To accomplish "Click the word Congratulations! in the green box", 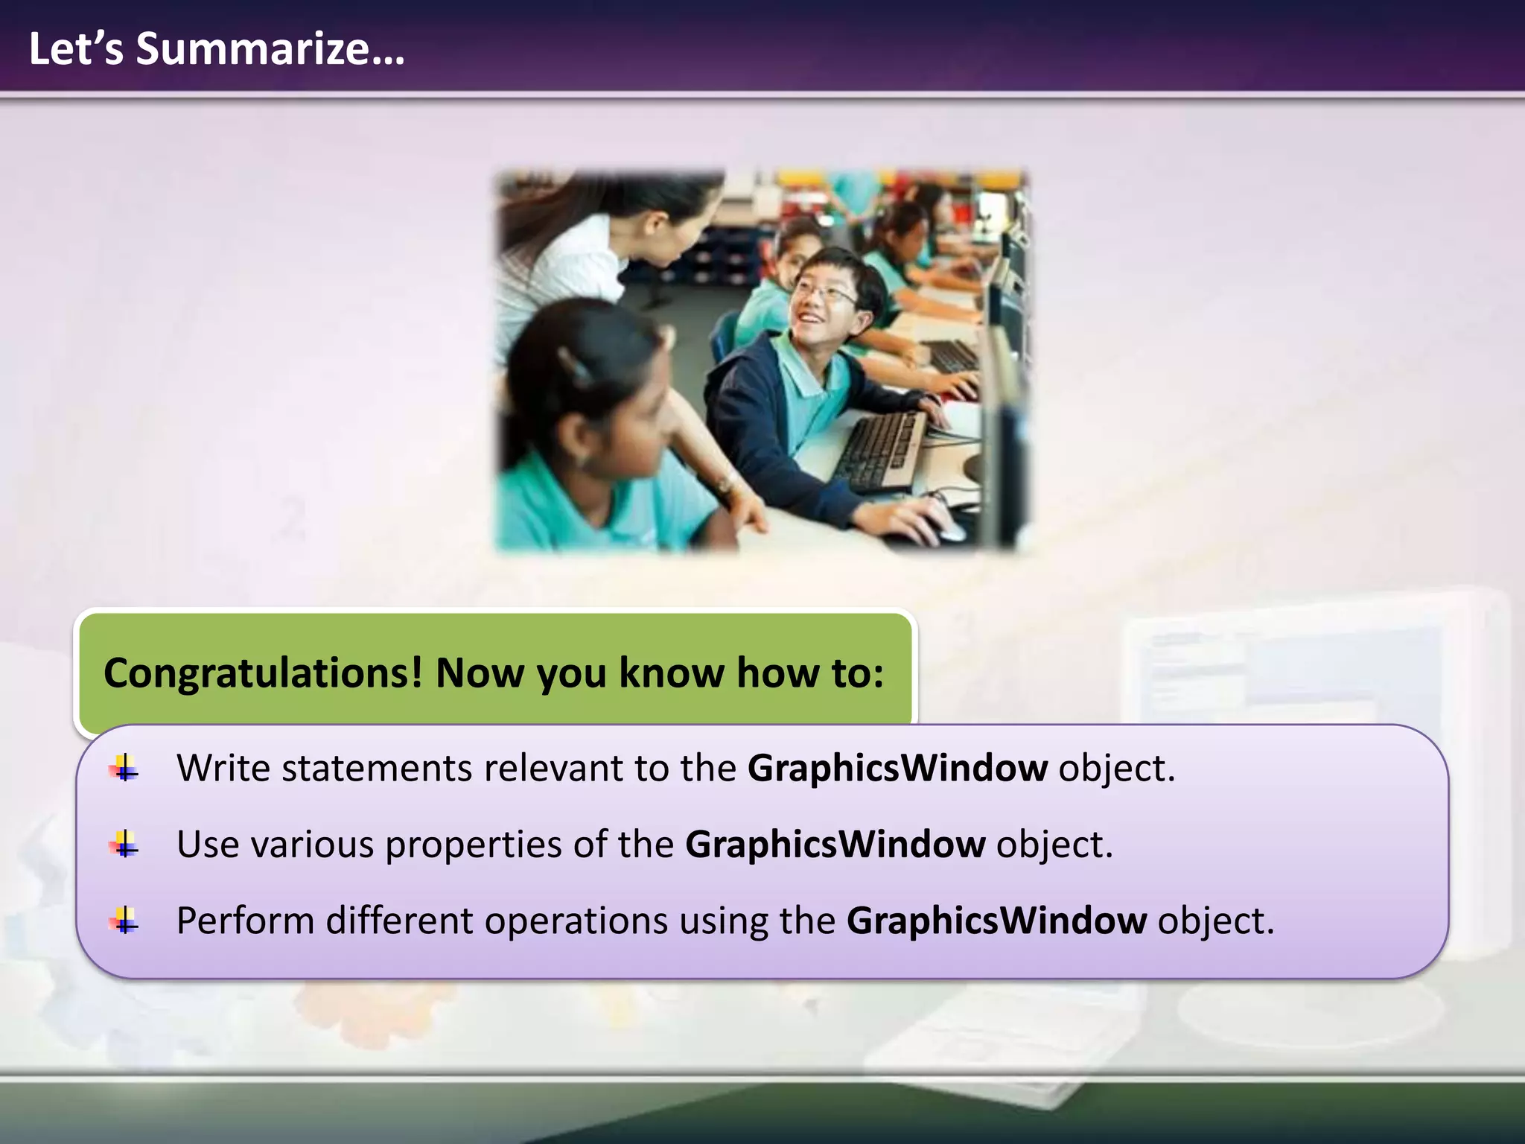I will point(263,673).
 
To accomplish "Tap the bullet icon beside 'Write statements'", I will point(124,768).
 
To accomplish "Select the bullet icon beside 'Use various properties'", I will point(124,845).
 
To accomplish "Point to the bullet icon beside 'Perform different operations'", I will point(124,921).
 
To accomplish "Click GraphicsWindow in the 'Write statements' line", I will point(897,768).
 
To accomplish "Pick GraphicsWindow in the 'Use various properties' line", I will point(835,845).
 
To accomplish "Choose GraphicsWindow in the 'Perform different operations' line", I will point(996,921).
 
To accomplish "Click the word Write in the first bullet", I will point(223,768).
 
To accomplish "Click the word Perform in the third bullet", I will point(245,921).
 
